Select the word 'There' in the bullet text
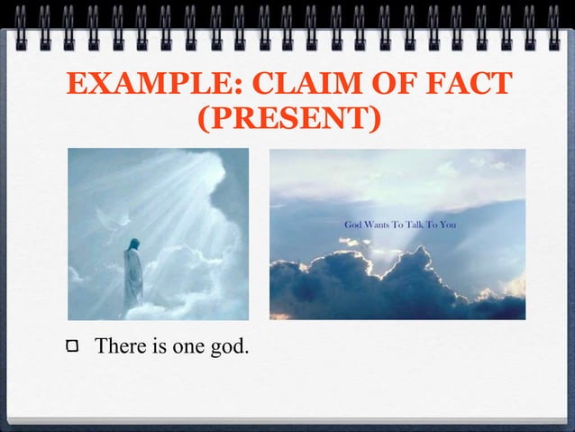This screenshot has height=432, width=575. (x=117, y=345)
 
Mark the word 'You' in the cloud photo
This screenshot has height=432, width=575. (x=448, y=224)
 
